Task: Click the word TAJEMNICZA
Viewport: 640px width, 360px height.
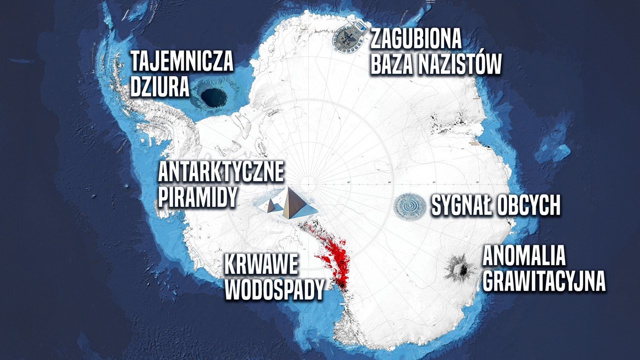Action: [x=181, y=62]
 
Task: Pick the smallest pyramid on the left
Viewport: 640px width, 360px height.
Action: [x=270, y=206]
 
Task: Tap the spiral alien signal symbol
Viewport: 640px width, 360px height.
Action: [x=409, y=205]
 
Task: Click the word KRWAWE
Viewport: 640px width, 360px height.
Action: [x=261, y=265]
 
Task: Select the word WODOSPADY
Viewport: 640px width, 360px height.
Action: [x=274, y=289]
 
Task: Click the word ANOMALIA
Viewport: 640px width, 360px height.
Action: [x=523, y=256]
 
